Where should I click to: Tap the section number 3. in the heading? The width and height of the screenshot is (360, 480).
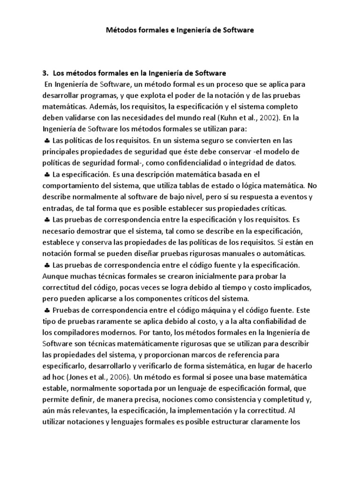[x=45, y=73]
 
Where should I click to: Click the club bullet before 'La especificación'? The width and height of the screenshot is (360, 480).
[x=47, y=174]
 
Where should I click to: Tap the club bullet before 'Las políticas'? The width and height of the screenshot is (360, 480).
[x=47, y=141]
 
